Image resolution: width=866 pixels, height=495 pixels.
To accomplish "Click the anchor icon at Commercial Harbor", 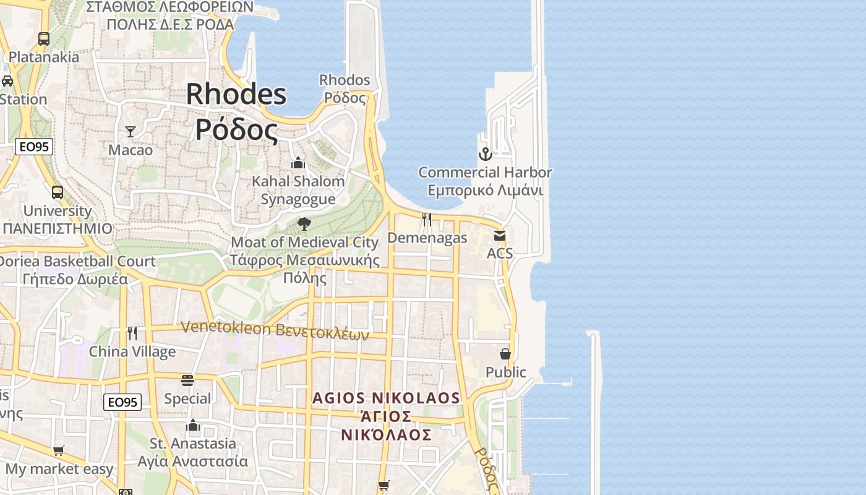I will (x=486, y=153).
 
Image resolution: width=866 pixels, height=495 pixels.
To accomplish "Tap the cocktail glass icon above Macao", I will (x=131, y=131).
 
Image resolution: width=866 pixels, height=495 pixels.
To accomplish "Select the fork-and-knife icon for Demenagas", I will (x=427, y=219).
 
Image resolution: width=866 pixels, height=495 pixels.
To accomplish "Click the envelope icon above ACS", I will (x=500, y=236).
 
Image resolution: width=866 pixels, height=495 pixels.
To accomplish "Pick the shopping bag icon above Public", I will (x=505, y=354).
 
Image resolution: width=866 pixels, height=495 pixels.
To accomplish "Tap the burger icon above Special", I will (x=187, y=380).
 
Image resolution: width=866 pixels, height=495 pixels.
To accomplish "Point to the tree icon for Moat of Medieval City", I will (x=304, y=223).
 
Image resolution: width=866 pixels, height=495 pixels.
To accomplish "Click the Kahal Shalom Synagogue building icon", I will (x=298, y=163).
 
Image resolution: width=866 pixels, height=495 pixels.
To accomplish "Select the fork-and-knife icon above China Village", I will (x=132, y=334).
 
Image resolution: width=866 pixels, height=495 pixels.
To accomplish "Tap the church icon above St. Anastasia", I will (x=193, y=425).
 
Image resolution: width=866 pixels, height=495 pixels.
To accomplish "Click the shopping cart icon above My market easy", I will (x=59, y=451).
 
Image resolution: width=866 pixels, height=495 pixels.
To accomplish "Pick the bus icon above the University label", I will (x=58, y=192).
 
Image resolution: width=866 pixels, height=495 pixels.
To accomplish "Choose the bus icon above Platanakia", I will (x=43, y=38).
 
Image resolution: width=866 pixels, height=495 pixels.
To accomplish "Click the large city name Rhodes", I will (x=236, y=94).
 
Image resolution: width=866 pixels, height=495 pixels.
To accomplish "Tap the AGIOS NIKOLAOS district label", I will (x=387, y=398).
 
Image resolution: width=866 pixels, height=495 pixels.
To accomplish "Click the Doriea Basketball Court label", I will (x=77, y=261).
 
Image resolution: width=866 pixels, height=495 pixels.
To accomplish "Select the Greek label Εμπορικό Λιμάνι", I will (x=486, y=190).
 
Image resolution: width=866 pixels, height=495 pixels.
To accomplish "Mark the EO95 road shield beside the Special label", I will (x=122, y=402).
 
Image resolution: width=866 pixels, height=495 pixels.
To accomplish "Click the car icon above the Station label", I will (x=7, y=80).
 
